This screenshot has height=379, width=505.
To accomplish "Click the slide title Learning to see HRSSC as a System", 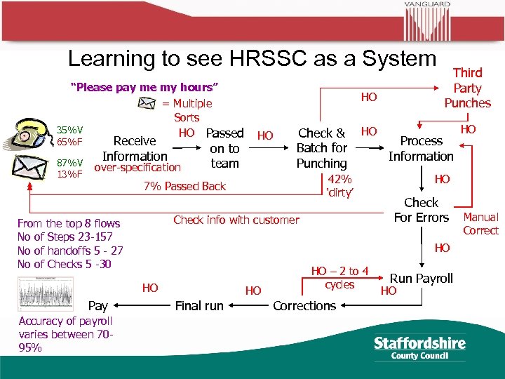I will coord(252,59).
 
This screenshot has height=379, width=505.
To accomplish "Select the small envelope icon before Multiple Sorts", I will coord(146,103).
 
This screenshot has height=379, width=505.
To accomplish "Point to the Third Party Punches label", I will coord(467,88).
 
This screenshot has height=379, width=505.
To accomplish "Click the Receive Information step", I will coord(135,148).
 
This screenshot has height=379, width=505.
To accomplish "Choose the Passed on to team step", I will coord(224,148).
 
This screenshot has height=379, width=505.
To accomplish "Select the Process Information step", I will coord(421,148).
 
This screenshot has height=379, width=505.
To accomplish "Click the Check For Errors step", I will coord(421,210).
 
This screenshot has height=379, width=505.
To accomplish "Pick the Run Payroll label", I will coord(422,278).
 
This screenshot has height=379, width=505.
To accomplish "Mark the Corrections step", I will coord(304,305).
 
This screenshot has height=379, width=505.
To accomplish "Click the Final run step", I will coord(199,305).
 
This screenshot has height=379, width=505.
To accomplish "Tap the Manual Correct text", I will coord(480,224).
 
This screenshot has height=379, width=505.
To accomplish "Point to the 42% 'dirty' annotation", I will coord(339,186).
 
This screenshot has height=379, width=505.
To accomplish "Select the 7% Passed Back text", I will coord(184,186).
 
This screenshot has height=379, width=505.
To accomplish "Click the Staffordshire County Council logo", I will coord(420,347).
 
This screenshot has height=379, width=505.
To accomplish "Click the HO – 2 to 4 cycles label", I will coord(339,278).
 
